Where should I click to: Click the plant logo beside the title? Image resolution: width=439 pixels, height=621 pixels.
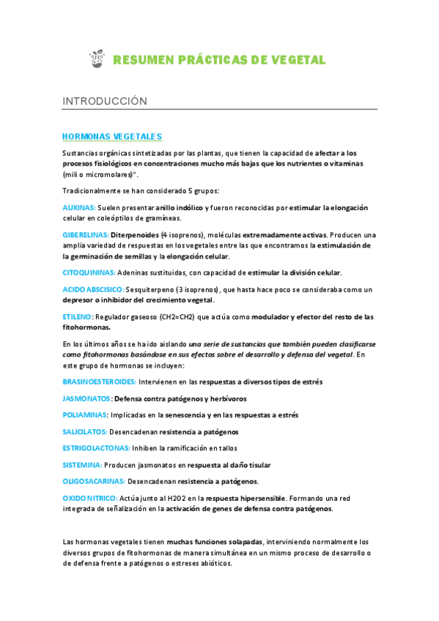pyautogui.click(x=95, y=59)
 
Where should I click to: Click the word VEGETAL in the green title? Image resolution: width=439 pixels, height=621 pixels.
pyautogui.click(x=297, y=60)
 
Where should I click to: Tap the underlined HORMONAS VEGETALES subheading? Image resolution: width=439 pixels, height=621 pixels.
pyautogui.click(x=112, y=136)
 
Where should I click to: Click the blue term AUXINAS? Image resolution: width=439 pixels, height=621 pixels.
pyautogui.click(x=79, y=208)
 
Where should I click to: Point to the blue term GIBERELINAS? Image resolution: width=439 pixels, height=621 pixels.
pyautogui.click(x=85, y=234)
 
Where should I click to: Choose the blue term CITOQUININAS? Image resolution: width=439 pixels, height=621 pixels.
pyautogui.click(x=89, y=272)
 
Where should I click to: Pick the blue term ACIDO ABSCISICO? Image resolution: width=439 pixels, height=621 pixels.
pyautogui.click(x=94, y=290)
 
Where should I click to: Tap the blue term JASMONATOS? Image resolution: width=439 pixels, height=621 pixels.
pyautogui.click(x=86, y=398)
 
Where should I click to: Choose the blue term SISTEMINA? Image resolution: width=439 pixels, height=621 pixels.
pyautogui.click(x=82, y=464)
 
